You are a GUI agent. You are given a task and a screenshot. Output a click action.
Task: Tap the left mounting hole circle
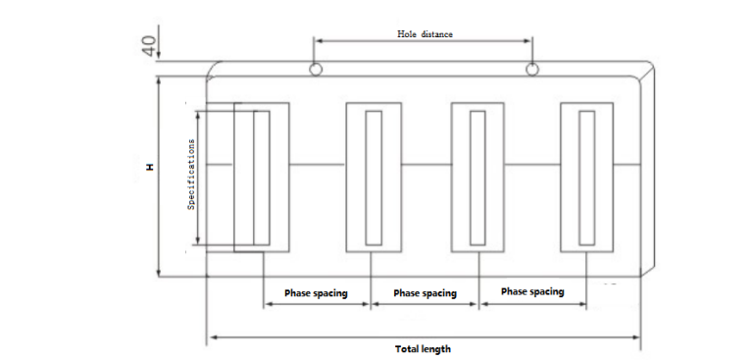[x=315, y=70]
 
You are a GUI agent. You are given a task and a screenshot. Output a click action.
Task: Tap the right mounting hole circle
[x=532, y=70]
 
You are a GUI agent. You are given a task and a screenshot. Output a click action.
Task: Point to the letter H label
[x=150, y=168]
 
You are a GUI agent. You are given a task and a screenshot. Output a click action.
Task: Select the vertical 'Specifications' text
[x=192, y=173]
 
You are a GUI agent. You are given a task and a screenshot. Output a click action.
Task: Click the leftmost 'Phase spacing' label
[x=317, y=293]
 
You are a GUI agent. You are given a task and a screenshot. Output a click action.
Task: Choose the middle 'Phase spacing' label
[x=425, y=293]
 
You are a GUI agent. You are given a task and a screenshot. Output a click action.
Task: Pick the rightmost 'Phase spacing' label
[x=532, y=292]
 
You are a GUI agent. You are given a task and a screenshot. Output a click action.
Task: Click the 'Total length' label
[x=423, y=349]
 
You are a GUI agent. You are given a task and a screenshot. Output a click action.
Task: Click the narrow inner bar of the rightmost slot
[x=586, y=178]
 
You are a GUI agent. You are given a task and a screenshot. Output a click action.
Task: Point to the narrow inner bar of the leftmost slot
[x=262, y=178]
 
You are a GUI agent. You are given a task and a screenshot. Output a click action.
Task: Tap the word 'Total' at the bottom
[x=408, y=349]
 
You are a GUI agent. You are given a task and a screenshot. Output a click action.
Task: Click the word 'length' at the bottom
[x=437, y=349]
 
